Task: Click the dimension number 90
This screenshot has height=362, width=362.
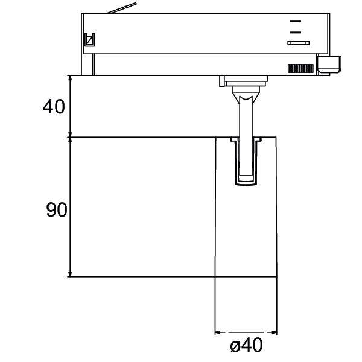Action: tap(57, 210)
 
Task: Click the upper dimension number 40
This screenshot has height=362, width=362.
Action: tap(54, 107)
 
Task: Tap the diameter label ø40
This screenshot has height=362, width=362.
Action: tap(246, 346)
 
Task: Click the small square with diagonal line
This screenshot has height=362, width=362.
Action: tap(89, 40)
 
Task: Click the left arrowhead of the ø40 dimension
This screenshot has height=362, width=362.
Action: tap(218, 332)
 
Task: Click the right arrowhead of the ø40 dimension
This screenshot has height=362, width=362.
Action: tap(274, 332)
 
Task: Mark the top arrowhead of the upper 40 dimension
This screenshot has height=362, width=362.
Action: tap(71, 79)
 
